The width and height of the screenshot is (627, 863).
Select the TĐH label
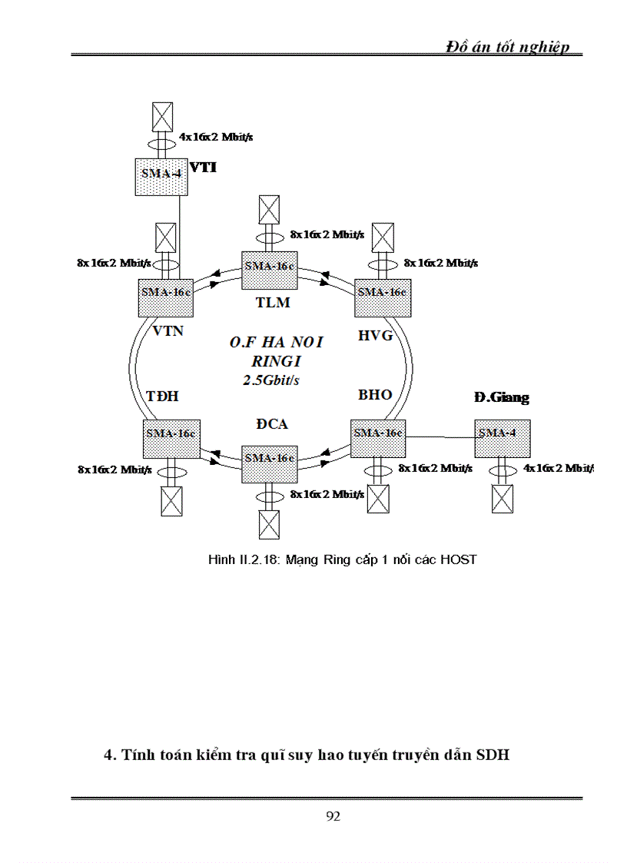click(x=162, y=396)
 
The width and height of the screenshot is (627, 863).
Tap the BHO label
click(x=375, y=394)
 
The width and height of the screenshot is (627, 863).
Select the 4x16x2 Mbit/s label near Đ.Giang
click(x=558, y=466)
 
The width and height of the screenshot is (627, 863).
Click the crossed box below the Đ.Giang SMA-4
click(x=502, y=499)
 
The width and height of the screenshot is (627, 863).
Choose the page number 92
click(x=333, y=816)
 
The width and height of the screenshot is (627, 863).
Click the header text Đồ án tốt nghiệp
click(x=508, y=47)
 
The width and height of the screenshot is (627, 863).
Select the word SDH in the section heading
click(x=493, y=755)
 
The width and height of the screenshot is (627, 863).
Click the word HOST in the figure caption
click(x=459, y=559)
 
